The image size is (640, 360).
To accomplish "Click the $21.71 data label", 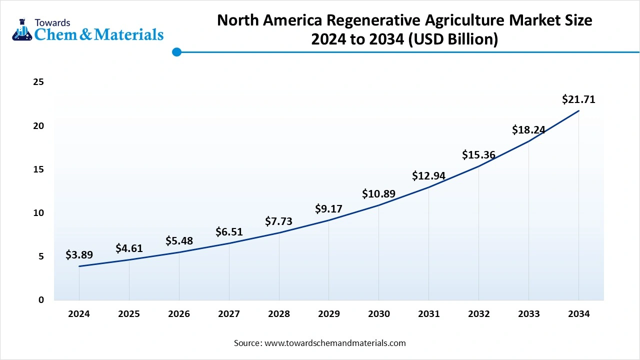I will pyautogui.click(x=578, y=99).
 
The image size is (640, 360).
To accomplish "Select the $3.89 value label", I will pyautogui.click(x=79, y=255).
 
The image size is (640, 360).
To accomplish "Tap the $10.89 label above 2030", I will pyautogui.click(x=379, y=194).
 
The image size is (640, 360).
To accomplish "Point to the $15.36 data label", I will pyautogui.click(x=478, y=155).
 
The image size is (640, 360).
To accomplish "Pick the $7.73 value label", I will pyautogui.click(x=278, y=221).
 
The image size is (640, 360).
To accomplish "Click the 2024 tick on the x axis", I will pyautogui.click(x=79, y=314).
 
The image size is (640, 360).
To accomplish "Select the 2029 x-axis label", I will pyautogui.click(x=328, y=314).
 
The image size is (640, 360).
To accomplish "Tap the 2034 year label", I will pyautogui.click(x=578, y=314).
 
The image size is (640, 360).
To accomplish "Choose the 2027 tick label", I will pyautogui.click(x=229, y=314).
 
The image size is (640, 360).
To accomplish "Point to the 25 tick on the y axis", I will pyautogui.click(x=38, y=82).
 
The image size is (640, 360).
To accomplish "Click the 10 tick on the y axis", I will pyautogui.click(x=38, y=213).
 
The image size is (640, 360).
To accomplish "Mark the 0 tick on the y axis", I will pyautogui.click(x=41, y=300).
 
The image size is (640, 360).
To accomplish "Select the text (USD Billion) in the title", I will pyautogui.click(x=453, y=39).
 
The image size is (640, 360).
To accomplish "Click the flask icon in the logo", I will pyautogui.click(x=21, y=30).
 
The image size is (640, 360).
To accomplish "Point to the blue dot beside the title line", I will pyautogui.click(x=176, y=52).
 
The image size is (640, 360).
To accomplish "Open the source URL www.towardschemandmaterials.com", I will pyautogui.click(x=335, y=343).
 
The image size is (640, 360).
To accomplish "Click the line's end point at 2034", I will pyautogui.click(x=578, y=110).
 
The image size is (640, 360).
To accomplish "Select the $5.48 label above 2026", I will pyautogui.click(x=179, y=241).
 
